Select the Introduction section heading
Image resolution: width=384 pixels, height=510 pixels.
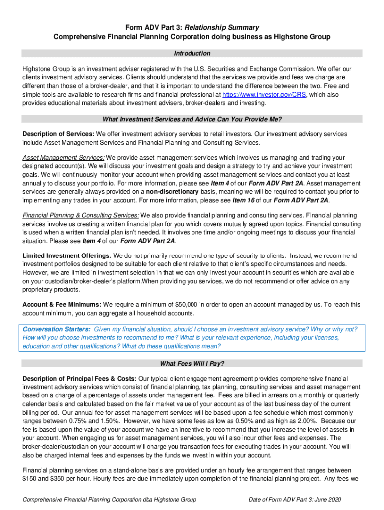point(192,53)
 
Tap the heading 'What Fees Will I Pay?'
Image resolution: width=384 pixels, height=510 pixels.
point(192,363)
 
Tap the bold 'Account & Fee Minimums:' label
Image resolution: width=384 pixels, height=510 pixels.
point(62,304)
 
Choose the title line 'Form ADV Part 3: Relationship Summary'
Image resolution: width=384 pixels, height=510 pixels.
point(192,27)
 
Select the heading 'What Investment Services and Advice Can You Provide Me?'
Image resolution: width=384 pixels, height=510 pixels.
point(192,119)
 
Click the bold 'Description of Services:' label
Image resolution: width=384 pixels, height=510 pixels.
point(58,134)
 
